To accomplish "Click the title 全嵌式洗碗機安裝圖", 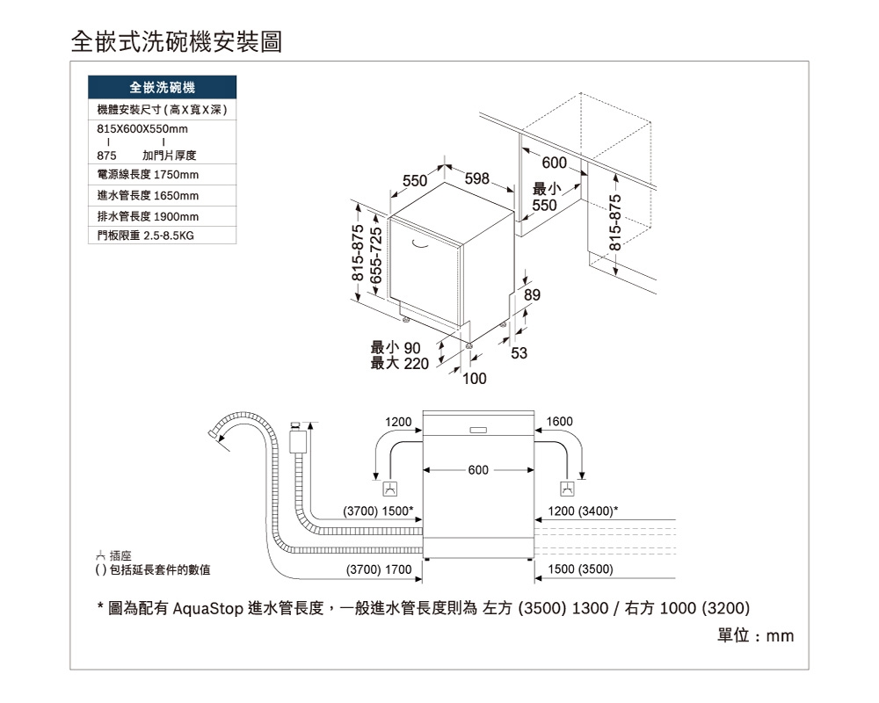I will (176, 41).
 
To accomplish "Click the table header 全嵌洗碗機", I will (163, 88).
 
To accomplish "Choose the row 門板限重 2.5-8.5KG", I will (145, 236).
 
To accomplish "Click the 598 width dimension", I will (476, 178).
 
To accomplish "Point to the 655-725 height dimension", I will (377, 254).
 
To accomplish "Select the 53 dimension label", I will (519, 352).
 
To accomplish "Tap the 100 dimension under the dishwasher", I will (475, 379).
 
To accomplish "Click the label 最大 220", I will (399, 364).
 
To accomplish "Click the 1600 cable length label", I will (560, 423).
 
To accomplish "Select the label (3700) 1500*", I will (378, 511).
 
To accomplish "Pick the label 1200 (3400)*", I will (583, 511).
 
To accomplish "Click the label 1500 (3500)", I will (580, 570).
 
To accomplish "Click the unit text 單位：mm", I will (756, 635).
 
